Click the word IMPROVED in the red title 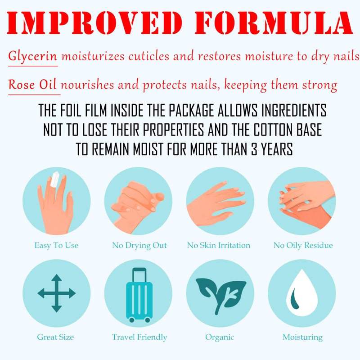94,22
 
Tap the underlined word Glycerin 32,56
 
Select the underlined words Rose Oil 32,84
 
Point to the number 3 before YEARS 254,149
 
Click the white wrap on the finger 54,179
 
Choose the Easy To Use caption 57,245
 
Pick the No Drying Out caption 139,245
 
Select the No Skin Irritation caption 219,245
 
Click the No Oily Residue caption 303,245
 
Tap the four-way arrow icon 57,293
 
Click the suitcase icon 139,295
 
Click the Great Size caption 55,337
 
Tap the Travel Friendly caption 139,337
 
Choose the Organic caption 220,337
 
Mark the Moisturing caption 302,337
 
